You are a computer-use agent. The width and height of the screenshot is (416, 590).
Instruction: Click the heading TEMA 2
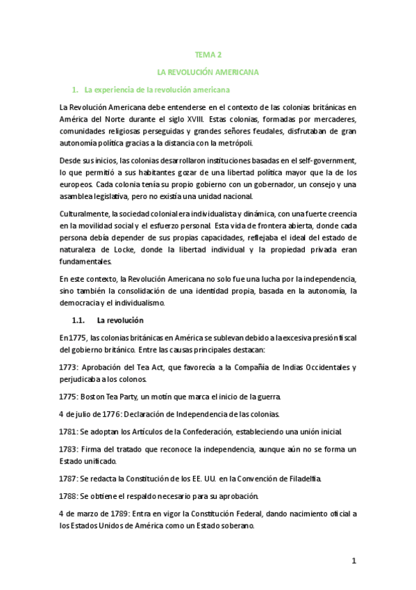pos(208,54)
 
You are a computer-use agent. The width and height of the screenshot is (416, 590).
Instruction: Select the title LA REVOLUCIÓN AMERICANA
pos(208,72)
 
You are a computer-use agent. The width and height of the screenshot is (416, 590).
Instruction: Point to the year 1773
pos(69,367)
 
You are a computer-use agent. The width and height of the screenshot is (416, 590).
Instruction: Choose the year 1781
pos(69,431)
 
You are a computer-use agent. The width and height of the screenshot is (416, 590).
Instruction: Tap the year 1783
pos(69,449)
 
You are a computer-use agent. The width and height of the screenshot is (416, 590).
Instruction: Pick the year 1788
pos(69,496)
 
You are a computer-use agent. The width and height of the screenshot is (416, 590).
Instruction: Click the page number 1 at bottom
pos(353,561)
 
